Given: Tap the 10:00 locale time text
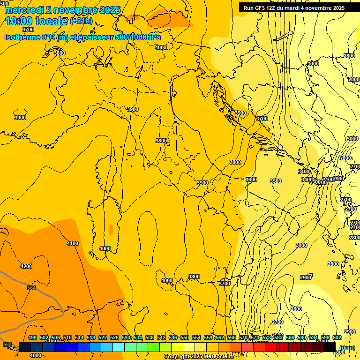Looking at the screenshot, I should click(37, 21).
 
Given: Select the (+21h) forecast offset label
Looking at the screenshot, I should click(81, 21).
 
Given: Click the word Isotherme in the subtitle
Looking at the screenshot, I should click(22, 37).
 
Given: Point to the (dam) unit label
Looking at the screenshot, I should click(347, 348).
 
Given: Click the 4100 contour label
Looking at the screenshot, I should click(73, 243).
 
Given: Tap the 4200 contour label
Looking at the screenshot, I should click(26, 266).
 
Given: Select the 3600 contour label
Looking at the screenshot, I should click(251, 180).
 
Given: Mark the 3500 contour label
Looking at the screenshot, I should click(276, 181).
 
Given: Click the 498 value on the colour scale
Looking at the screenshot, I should click(32, 337).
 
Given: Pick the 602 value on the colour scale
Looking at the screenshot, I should click(337, 337).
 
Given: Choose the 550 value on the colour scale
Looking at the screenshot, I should click(185, 337).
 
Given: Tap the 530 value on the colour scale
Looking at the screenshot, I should click(126, 337).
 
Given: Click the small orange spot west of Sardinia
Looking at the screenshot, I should click(111, 229).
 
